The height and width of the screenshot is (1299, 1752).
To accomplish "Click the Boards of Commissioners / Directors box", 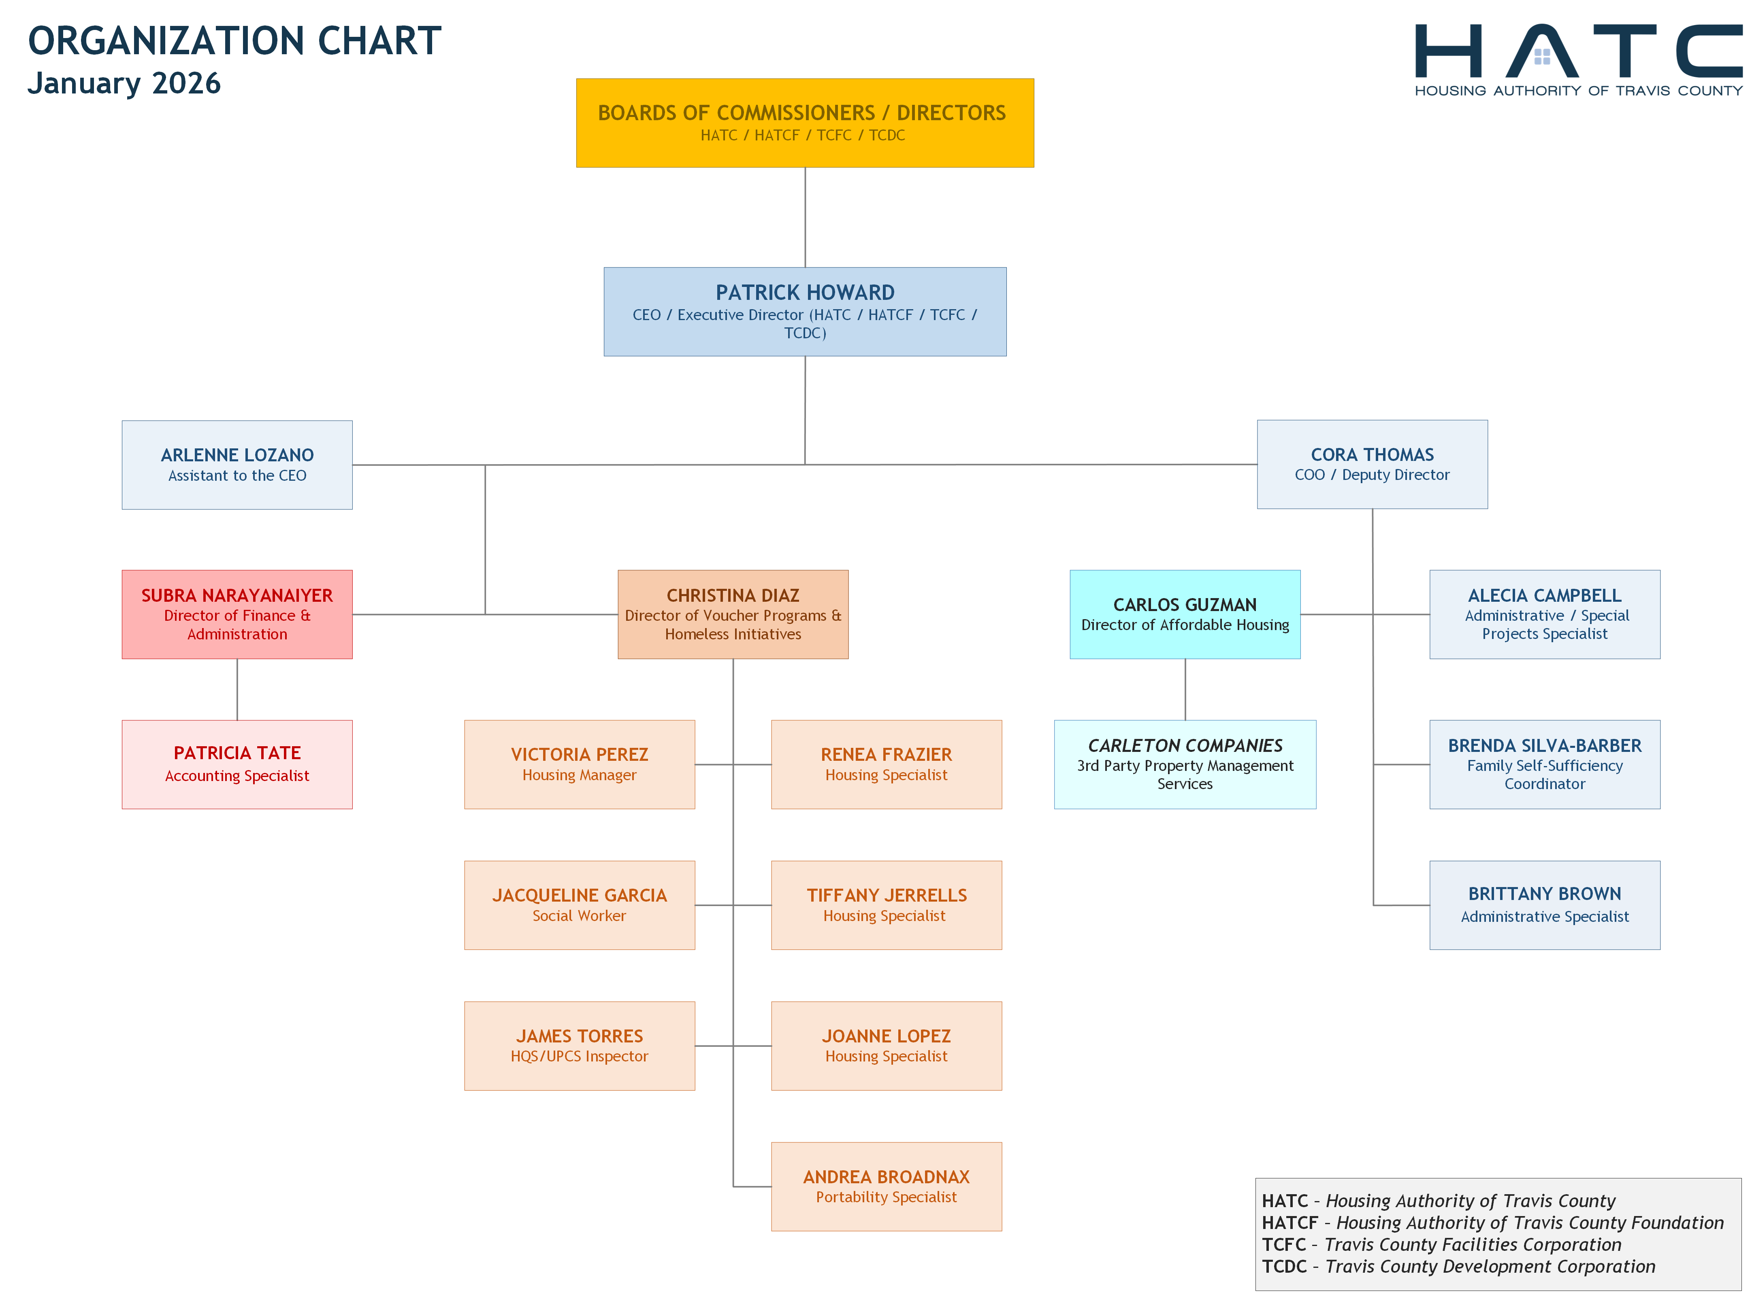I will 805,123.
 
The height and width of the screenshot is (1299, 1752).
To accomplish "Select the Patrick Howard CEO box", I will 805,311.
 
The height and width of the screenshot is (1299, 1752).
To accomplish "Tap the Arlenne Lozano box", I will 237,465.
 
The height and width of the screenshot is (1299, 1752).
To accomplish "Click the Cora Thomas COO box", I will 1372,464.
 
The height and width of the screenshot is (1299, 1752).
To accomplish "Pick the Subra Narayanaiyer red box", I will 237,614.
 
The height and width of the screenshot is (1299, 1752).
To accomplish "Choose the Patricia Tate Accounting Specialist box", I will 237,764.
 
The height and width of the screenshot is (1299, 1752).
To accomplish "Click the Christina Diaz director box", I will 732,614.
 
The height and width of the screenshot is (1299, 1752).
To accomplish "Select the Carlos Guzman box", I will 1185,614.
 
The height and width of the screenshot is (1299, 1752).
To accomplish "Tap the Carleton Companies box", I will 1185,764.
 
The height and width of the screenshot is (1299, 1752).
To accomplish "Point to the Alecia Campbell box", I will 1544,614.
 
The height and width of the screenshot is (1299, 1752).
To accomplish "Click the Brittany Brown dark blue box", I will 1544,905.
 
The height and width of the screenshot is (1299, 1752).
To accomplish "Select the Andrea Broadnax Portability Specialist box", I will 886,1187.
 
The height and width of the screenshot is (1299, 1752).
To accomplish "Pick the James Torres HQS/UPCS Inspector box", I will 579,1046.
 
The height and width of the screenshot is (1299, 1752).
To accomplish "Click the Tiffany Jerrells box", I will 886,905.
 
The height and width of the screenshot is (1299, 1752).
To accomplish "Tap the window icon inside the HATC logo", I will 1542,56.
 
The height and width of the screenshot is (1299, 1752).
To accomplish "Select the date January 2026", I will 124,83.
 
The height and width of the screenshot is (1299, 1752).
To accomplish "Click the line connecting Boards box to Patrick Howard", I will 805,217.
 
